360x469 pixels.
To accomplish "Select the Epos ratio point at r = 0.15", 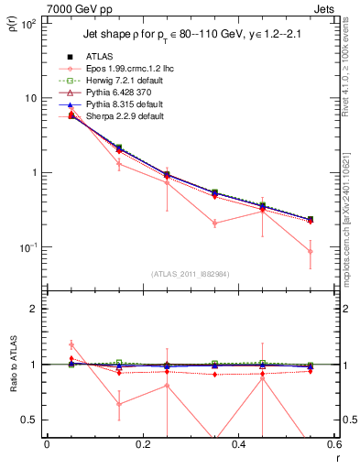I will click(118, 403).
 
